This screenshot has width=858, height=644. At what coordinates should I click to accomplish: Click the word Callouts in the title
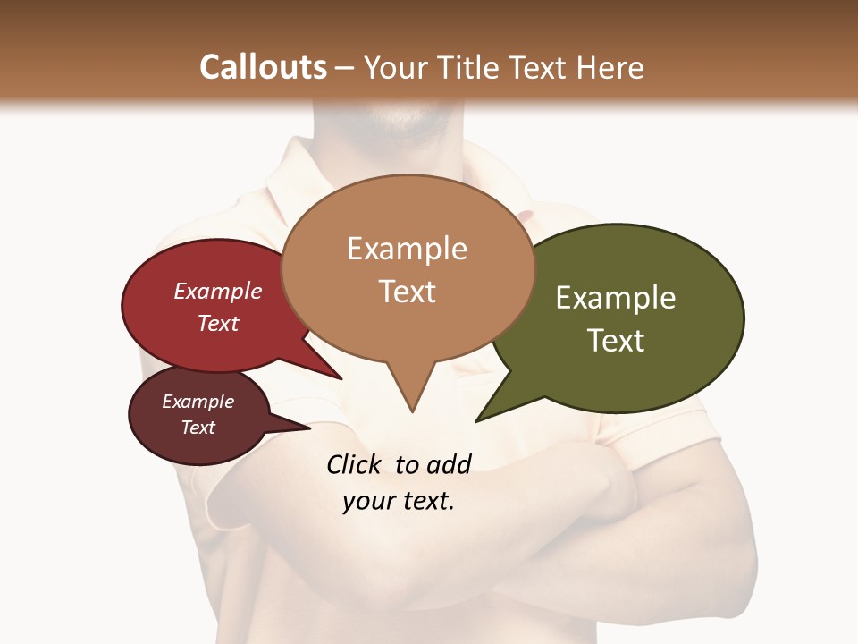(263, 67)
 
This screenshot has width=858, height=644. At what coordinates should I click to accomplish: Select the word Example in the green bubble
(616, 298)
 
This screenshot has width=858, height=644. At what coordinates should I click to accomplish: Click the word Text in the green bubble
(616, 340)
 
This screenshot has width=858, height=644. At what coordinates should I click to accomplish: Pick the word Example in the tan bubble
(407, 249)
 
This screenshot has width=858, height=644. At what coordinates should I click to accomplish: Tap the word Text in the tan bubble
(407, 292)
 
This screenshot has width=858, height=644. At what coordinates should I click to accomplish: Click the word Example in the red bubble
(218, 291)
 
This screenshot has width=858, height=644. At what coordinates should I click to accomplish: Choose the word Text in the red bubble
(218, 323)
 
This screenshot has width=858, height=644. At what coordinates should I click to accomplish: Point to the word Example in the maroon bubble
(198, 402)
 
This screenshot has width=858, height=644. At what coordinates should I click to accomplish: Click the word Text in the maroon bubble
(198, 428)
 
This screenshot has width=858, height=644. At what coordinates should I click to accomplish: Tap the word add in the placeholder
(448, 464)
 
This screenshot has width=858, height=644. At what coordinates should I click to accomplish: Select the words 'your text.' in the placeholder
(398, 501)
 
